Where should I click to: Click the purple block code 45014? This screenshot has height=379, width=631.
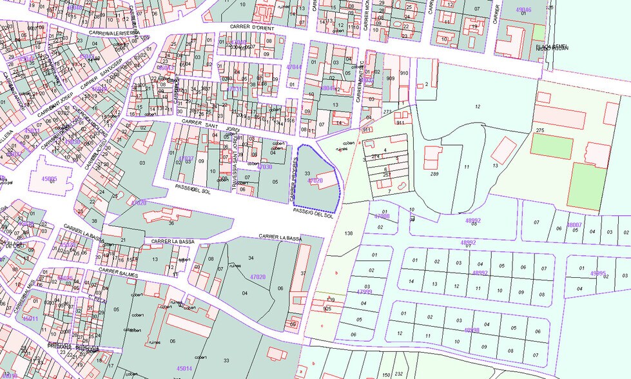click(184, 368)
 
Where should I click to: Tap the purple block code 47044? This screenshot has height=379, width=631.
click(294, 66)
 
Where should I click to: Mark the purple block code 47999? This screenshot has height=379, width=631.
click(364, 291)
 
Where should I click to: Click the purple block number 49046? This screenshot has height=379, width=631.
click(524, 10)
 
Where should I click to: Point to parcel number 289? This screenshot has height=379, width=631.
click(434, 174)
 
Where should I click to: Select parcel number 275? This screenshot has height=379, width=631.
click(539, 131)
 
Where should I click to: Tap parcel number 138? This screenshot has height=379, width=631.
click(349, 232)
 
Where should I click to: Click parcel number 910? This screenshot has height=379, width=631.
click(404, 73)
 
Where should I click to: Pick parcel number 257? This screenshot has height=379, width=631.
click(387, 175)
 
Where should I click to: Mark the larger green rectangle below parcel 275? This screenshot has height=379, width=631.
click(590, 184)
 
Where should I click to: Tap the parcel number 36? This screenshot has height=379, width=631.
click(171, 223)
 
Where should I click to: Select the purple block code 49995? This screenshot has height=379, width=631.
click(597, 273)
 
